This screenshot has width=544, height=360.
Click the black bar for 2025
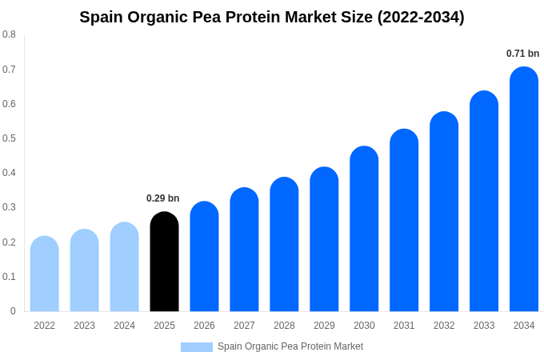164,262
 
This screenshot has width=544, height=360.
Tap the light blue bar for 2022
45,274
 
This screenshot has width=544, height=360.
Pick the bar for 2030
364,229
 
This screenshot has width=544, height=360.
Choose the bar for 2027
244,250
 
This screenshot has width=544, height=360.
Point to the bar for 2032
444,211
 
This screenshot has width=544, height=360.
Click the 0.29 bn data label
163,198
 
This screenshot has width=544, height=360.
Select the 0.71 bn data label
522,54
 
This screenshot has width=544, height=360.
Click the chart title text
272,17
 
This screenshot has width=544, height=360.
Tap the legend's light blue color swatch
197,346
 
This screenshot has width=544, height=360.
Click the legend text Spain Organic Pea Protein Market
290,346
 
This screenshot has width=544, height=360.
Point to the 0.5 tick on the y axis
9,138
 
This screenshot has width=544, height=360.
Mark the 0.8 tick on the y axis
9,34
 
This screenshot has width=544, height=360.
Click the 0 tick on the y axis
13,311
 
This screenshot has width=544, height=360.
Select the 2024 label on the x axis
124,326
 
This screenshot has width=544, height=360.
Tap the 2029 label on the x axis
324,326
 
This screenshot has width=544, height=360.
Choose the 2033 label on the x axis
484,326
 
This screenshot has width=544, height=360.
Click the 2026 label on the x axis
204,326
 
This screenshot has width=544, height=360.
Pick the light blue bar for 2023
85,270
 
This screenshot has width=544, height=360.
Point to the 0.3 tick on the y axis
9,207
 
